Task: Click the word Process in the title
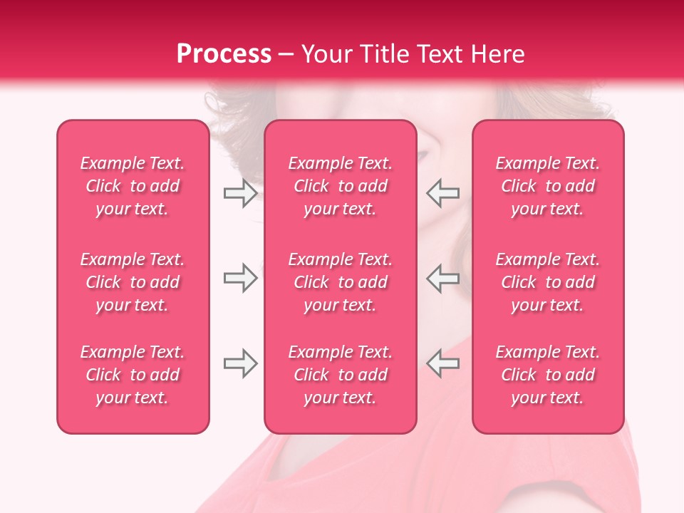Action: (x=224, y=54)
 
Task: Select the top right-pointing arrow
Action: (x=240, y=193)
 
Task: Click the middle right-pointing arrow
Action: (x=240, y=278)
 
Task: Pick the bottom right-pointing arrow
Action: (x=240, y=363)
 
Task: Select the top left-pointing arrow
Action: (x=442, y=193)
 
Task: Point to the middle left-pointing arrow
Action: (x=442, y=278)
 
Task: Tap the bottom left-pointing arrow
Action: (x=442, y=363)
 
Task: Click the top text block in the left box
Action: (x=133, y=186)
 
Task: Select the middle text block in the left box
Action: (x=133, y=282)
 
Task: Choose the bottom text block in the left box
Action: (x=133, y=375)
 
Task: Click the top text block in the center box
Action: (x=341, y=186)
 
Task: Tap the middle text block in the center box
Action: (x=341, y=282)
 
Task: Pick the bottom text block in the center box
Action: (x=341, y=375)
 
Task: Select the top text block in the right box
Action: (x=548, y=186)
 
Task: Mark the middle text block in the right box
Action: (x=548, y=282)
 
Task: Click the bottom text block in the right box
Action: (x=548, y=375)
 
